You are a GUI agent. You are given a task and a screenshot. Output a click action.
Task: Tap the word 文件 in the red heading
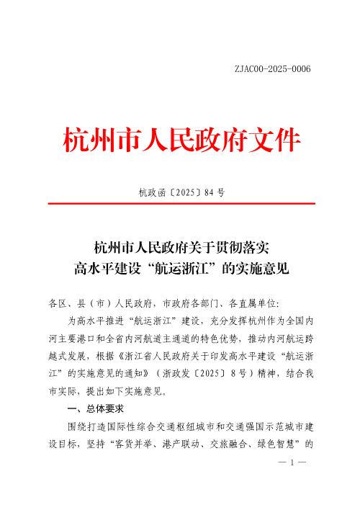click(274, 138)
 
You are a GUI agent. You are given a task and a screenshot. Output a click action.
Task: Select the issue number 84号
click(215, 192)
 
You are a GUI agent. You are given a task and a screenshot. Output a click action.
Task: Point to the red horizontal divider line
click(180, 204)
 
